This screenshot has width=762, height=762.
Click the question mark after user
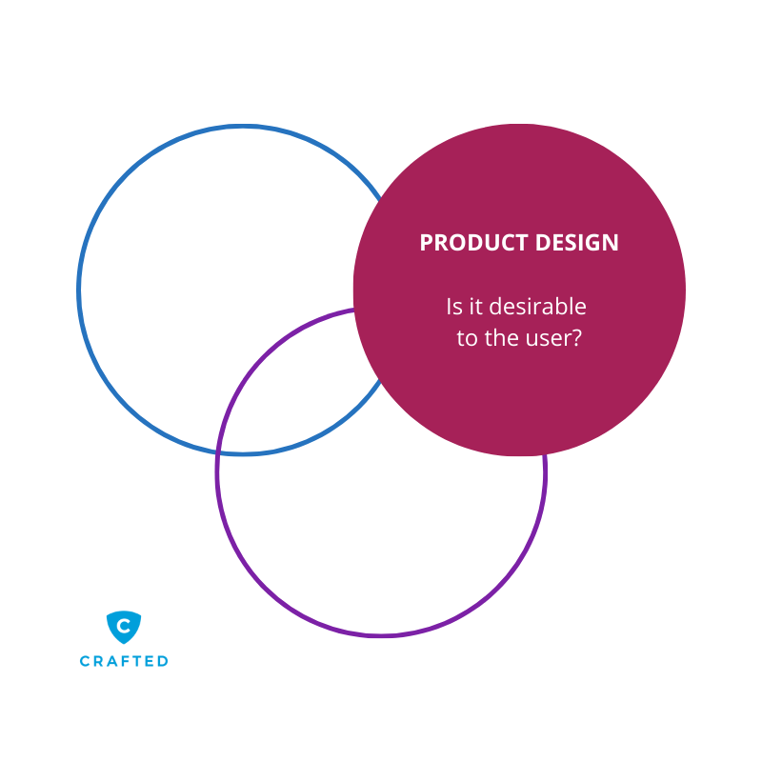coord(576,338)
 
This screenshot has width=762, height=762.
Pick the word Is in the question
coord(453,308)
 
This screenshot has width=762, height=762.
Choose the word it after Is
coord(475,308)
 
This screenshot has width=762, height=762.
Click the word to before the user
coord(466,338)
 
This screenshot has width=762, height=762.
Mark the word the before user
coord(502,338)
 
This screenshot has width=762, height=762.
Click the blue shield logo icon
coord(124,627)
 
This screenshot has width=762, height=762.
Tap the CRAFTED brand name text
coord(124,661)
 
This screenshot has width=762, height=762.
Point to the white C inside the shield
coord(124,626)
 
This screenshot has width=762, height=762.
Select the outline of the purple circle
coord(381,634)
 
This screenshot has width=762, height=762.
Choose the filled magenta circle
coord(519,391)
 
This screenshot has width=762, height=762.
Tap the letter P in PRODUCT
coord(426,243)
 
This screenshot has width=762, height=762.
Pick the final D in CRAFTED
coord(163,661)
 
